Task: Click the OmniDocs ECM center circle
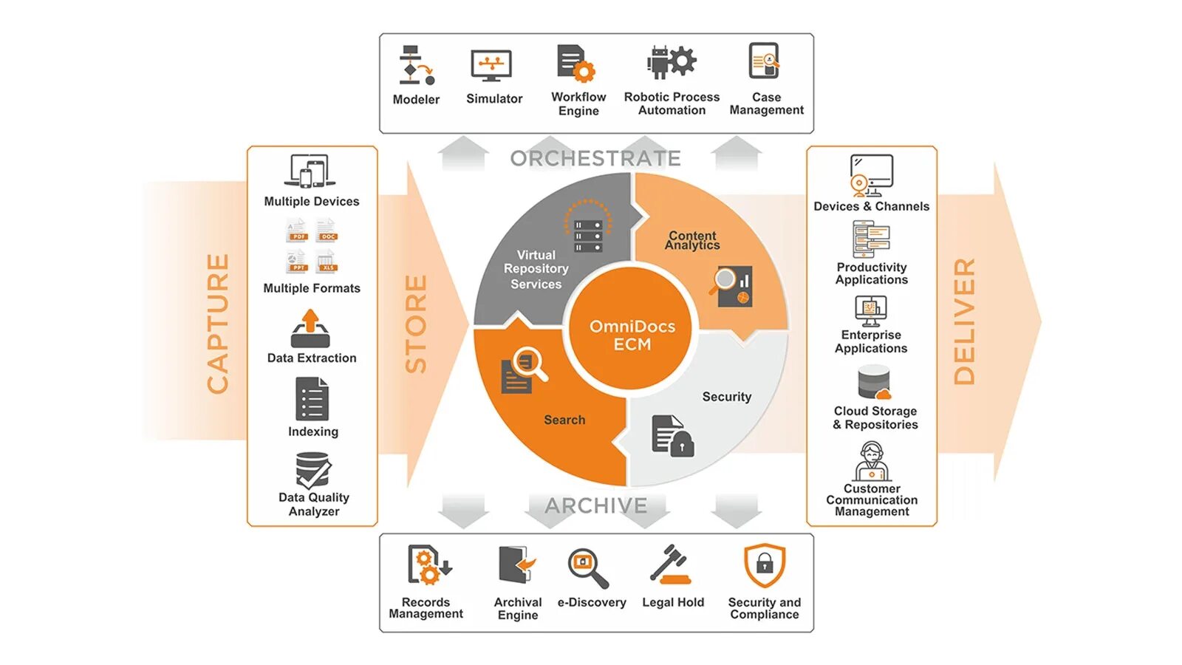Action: coord(632,335)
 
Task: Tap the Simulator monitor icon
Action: coord(491,66)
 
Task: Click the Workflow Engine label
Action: coord(578,103)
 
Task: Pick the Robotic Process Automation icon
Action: coord(671,62)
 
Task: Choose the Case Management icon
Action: coord(765,61)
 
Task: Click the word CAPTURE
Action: coord(218,323)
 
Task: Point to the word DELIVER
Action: coord(964,321)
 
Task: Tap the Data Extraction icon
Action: coord(310,329)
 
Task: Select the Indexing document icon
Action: coord(312,399)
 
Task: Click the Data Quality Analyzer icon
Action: coord(313,470)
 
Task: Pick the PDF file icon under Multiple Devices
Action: coord(297,231)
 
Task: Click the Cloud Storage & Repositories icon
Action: coord(874,383)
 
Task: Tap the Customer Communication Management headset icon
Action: coord(872,461)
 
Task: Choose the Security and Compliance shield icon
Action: coord(765,566)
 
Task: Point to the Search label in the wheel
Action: coord(564,420)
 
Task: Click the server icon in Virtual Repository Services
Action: coord(588,236)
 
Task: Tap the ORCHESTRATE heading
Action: coord(595,158)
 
